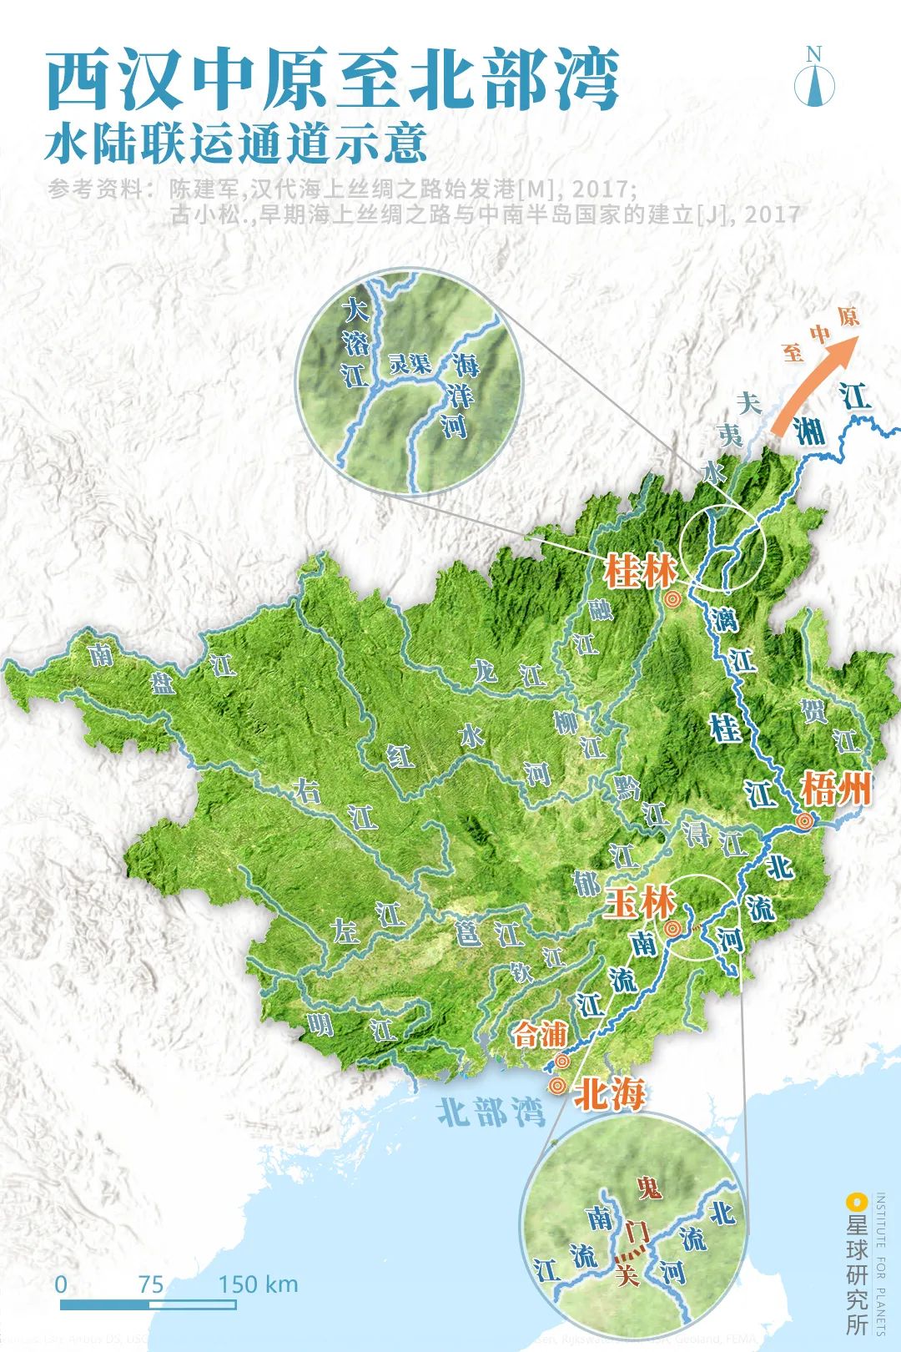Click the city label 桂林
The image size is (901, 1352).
pyautogui.click(x=640, y=573)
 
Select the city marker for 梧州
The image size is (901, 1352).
pyautogui.click(x=805, y=821)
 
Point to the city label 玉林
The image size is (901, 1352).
pyautogui.click(x=639, y=904)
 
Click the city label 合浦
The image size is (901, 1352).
pyautogui.click(x=539, y=1036)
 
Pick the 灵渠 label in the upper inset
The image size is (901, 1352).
pyautogui.click(x=410, y=364)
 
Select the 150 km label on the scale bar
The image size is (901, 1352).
pyautogui.click(x=258, y=1284)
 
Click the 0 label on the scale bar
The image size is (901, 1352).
pyautogui.click(x=61, y=1284)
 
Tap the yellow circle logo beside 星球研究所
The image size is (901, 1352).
pyautogui.click(x=856, y=1203)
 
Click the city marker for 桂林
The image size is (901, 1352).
pyautogui.click(x=673, y=598)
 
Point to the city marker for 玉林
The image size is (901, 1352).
pyautogui.click(x=672, y=929)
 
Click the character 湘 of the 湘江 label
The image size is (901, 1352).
pyautogui.click(x=808, y=431)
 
